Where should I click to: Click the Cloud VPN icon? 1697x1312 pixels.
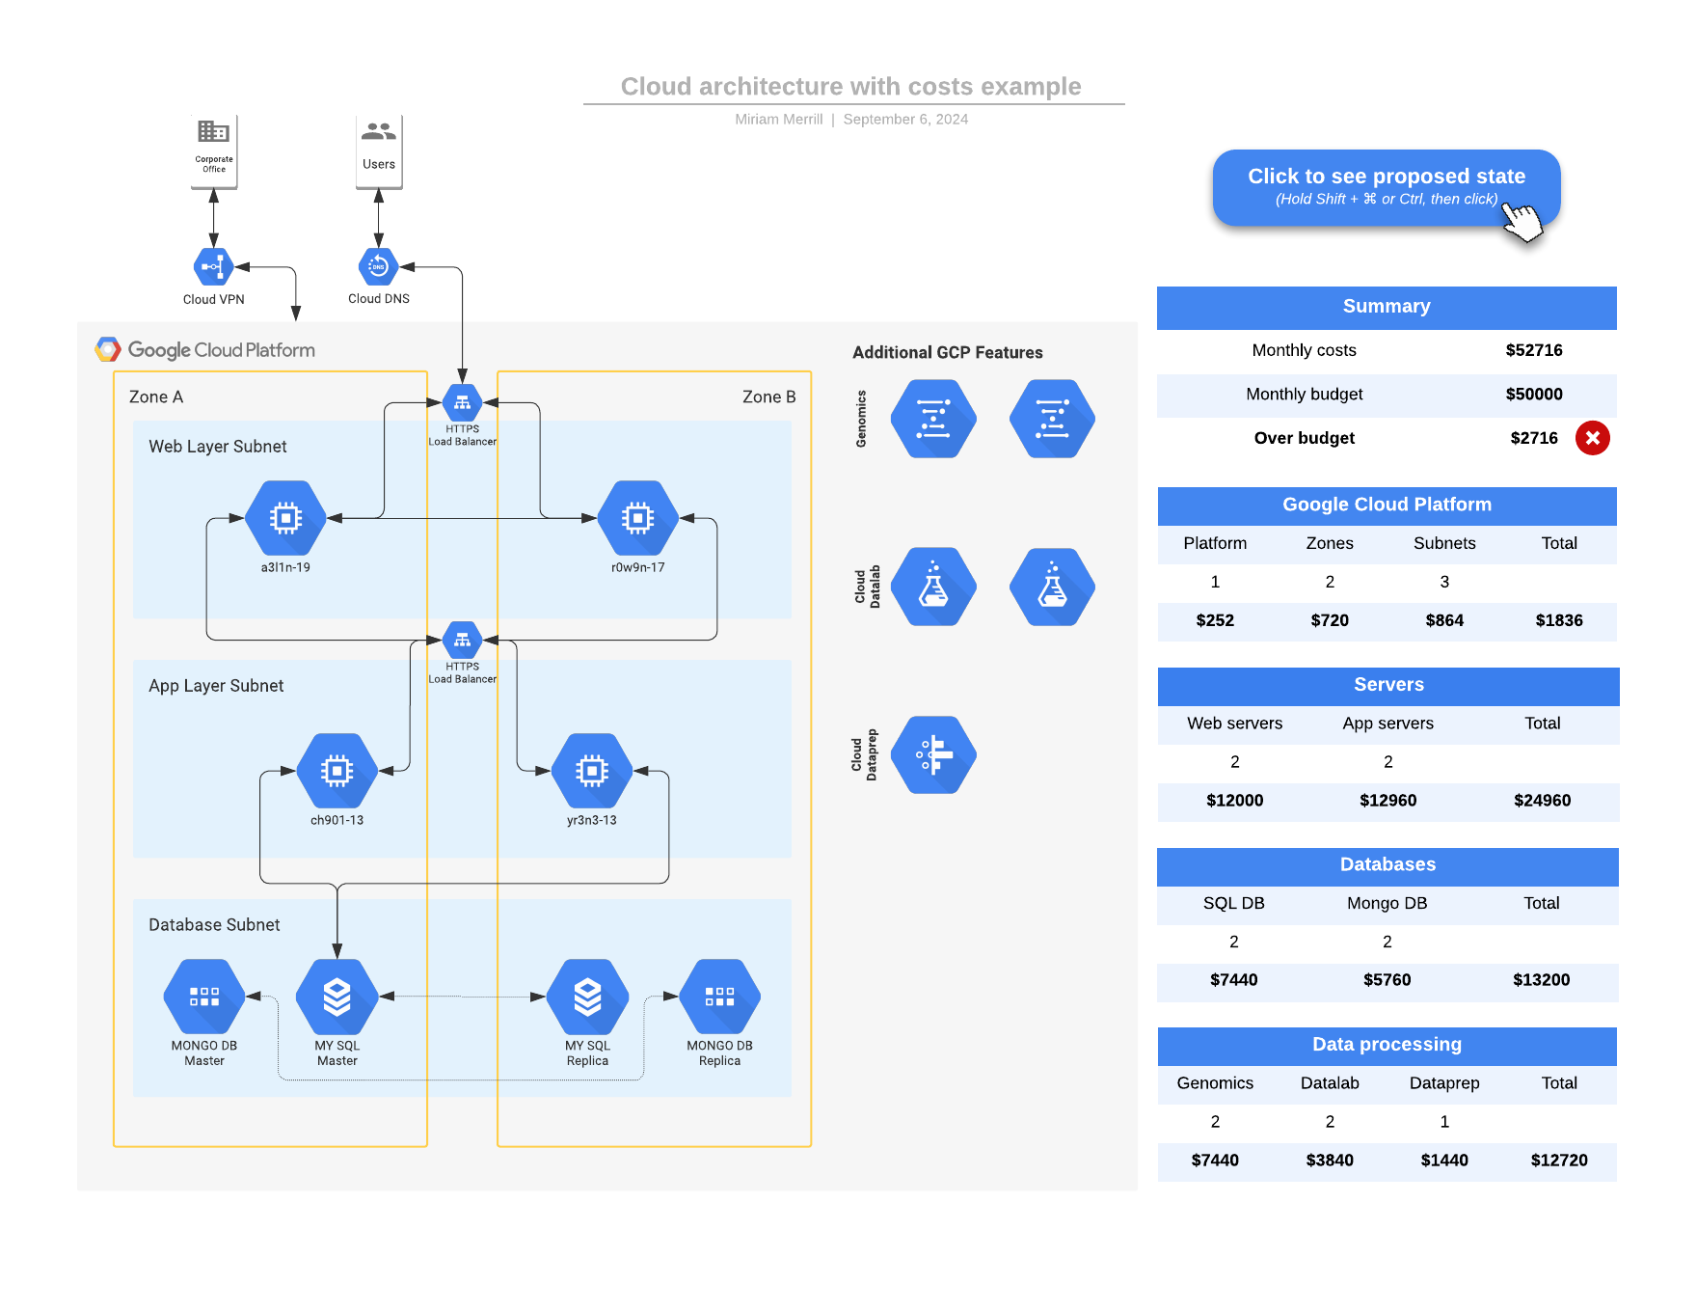[213, 267]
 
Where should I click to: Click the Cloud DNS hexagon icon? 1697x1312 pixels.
[378, 267]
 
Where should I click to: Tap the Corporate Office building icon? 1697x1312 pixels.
[213, 132]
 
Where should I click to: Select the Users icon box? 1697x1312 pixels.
[379, 150]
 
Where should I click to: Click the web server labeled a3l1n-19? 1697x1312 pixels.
[285, 519]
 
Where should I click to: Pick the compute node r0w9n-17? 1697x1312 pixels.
[637, 519]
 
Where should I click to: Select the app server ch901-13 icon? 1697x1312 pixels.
[337, 771]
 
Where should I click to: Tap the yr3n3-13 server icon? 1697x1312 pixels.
[591, 771]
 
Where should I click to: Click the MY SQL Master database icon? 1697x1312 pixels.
[337, 997]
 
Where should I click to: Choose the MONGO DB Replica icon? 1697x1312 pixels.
[719, 997]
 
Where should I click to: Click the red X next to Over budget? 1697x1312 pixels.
[1592, 438]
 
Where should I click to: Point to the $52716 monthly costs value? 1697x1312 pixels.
[1533, 350]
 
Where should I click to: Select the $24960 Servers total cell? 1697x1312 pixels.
[1542, 801]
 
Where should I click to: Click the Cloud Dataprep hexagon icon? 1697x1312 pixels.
[932, 755]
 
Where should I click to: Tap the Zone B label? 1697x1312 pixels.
[768, 396]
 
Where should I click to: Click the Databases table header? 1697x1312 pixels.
[1387, 865]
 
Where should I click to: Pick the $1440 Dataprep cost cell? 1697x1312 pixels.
[1443, 1161]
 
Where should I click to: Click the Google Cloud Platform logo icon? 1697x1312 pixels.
[108, 349]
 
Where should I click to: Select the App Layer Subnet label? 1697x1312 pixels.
[216, 686]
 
